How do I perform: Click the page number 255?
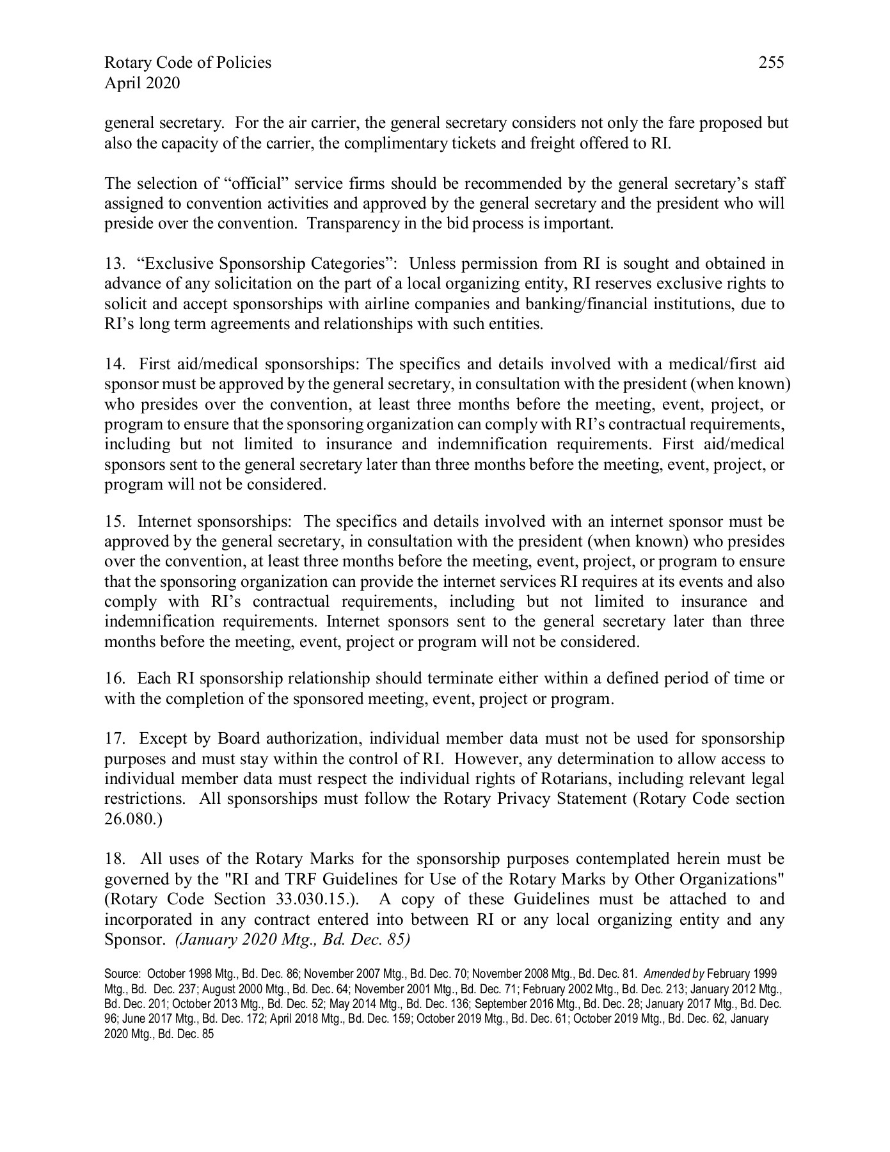pyautogui.click(x=771, y=63)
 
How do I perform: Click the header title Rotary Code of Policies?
pyautogui.click(x=187, y=63)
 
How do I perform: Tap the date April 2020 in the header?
pyautogui.click(x=142, y=83)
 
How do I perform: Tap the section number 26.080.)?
pyautogui.click(x=134, y=819)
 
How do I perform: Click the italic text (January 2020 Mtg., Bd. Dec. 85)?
pyautogui.click(x=292, y=940)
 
